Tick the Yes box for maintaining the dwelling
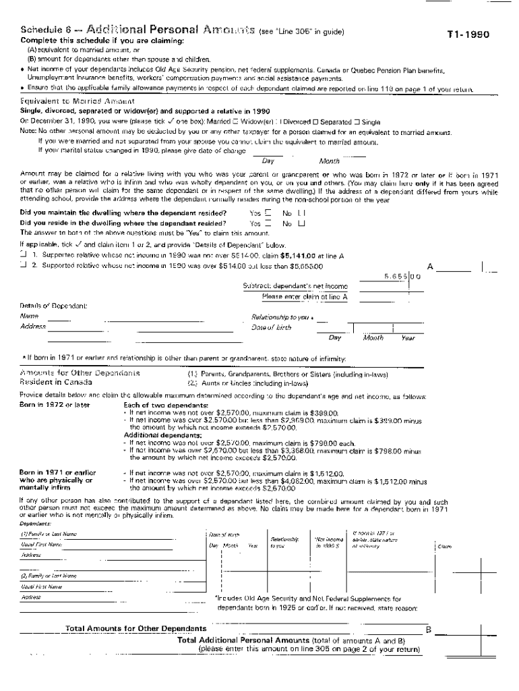268,213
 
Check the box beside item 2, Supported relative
24,265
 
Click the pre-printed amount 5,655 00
402,276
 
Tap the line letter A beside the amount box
430,266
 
